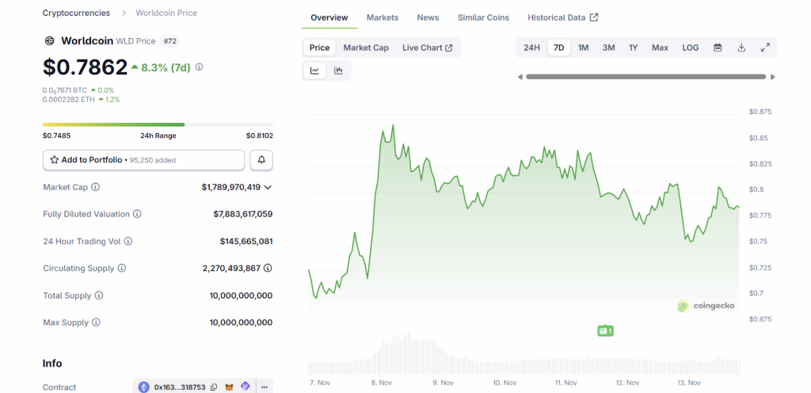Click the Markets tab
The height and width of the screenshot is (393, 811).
(383, 17)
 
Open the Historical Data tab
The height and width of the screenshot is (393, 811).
(562, 17)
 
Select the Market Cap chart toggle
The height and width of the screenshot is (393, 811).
(366, 48)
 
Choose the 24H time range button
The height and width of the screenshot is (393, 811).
(531, 48)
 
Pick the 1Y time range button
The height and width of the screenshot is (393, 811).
(634, 48)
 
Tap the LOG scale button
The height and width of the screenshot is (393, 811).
(691, 48)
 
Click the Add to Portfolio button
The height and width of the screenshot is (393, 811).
(143, 160)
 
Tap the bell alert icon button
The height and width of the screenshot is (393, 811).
(261, 160)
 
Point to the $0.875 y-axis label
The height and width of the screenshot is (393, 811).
(760, 113)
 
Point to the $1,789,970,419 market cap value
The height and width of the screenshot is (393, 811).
(231, 187)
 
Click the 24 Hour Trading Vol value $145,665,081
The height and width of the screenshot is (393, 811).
(246, 241)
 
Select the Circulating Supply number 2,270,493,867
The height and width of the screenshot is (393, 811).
(237, 269)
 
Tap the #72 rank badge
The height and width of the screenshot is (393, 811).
(170, 40)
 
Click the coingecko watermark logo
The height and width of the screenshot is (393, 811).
(706, 306)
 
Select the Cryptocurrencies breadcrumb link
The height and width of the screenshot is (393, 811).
(76, 13)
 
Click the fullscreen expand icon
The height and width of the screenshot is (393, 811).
(765, 48)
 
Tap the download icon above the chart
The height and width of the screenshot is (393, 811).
(741, 48)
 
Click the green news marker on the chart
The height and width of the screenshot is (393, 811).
(605, 330)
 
